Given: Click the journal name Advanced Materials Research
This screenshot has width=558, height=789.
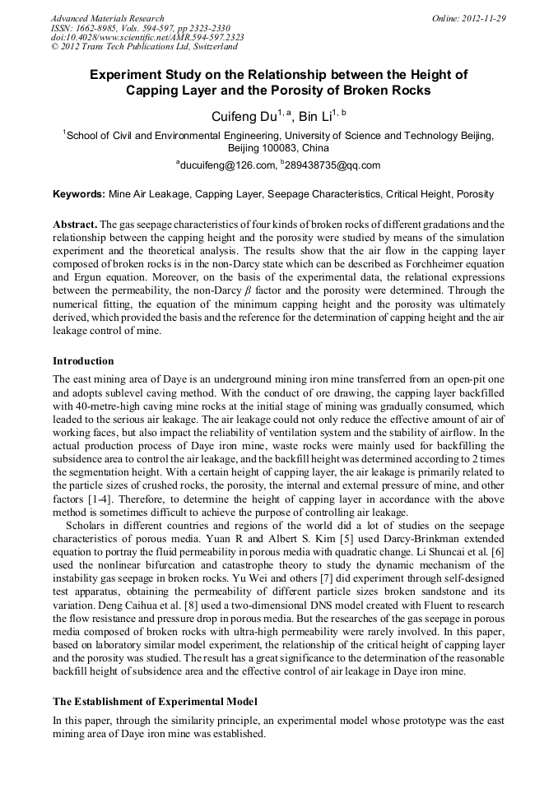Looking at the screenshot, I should [107, 18].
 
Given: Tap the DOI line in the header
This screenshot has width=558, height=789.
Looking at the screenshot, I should [147, 38].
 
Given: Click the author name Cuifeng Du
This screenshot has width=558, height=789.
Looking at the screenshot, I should [243, 117].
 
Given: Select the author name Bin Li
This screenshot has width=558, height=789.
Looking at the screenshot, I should [314, 117].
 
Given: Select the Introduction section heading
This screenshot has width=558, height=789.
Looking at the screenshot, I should [83, 361].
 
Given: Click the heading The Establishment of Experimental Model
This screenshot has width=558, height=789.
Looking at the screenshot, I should [156, 702].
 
